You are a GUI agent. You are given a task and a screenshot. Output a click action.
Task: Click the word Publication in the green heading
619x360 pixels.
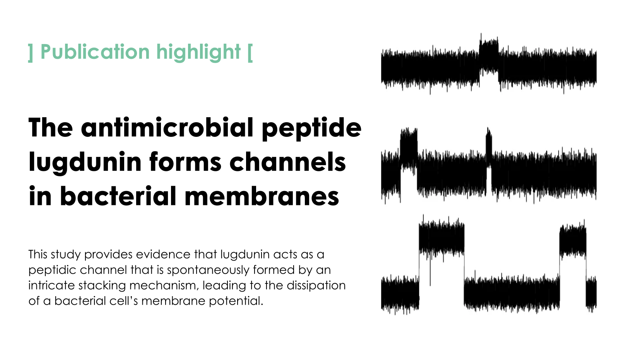[95, 52]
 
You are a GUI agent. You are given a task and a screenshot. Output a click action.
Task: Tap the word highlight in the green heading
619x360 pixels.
[198, 52]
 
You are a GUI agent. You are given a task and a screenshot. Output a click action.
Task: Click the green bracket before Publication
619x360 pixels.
[31, 53]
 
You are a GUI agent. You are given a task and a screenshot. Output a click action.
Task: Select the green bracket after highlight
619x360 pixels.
[250, 53]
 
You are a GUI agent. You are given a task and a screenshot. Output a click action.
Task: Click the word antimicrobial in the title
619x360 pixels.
[167, 127]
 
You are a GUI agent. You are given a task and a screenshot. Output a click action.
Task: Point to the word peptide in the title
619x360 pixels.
[311, 129]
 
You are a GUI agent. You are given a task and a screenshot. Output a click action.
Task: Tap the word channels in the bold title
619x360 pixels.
[287, 162]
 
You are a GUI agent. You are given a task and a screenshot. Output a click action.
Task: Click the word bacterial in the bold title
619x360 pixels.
[118, 196]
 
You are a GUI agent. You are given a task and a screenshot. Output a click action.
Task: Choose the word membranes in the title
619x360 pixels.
[262, 196]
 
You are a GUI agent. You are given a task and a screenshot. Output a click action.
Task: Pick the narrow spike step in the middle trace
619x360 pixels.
[489, 148]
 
